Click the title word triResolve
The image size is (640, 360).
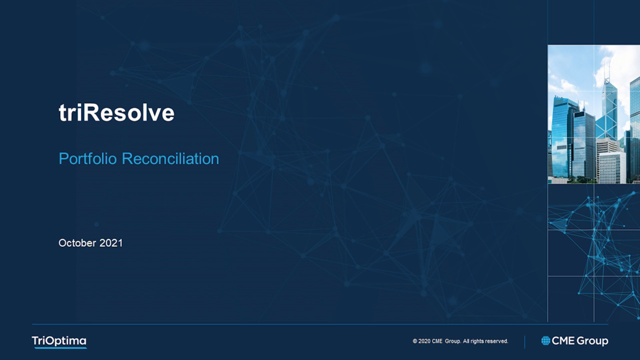click(x=116, y=112)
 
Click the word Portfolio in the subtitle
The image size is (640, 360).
click(x=87, y=158)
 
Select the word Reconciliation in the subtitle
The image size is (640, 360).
click(x=170, y=158)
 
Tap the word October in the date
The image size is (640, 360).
click(x=77, y=243)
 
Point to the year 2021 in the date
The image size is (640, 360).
click(x=111, y=243)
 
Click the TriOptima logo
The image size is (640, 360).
click(x=59, y=341)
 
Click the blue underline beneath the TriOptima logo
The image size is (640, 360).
click(x=60, y=347)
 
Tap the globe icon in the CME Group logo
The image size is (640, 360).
click(x=545, y=340)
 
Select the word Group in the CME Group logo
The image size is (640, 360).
click(x=592, y=341)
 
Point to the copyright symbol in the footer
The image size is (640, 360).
click(x=415, y=341)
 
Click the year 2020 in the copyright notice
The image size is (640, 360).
click(x=424, y=341)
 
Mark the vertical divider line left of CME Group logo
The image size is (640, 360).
click(x=524, y=342)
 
